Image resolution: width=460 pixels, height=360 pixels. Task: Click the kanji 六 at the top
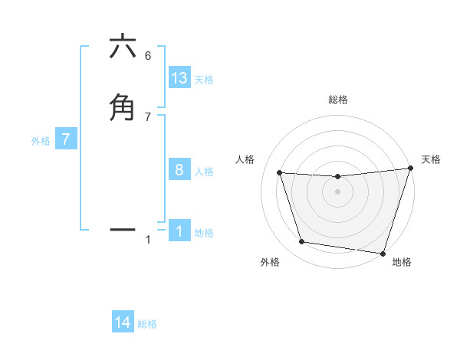click(123, 47)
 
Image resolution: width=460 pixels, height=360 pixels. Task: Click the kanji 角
click(123, 106)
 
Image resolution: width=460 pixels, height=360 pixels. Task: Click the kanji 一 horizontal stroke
click(123, 229)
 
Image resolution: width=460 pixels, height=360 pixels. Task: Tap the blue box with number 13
click(179, 78)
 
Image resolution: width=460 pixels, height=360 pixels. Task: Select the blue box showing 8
click(179, 170)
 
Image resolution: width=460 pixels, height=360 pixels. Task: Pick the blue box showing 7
click(66, 140)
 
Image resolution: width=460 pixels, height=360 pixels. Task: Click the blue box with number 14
click(123, 323)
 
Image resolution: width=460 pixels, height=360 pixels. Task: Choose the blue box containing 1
click(179, 231)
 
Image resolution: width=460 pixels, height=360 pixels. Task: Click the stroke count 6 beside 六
click(148, 55)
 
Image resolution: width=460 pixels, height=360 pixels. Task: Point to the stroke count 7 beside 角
click(148, 116)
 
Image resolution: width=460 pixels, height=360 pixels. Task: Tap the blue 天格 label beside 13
click(204, 80)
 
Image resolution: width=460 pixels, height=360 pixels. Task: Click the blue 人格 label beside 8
click(204, 172)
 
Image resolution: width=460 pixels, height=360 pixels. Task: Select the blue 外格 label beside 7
click(40, 141)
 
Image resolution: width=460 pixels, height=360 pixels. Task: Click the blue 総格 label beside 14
click(147, 324)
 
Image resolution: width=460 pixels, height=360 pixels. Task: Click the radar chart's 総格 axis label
click(337, 100)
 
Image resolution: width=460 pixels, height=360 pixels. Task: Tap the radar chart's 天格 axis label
click(431, 159)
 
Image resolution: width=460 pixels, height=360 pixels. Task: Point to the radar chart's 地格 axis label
click(402, 263)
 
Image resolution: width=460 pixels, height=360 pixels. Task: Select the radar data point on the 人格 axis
click(280, 173)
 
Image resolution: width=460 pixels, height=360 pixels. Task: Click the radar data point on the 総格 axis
click(337, 177)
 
